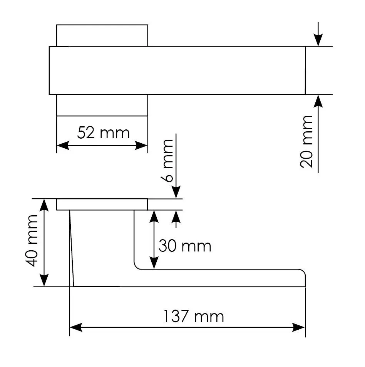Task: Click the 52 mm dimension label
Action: [103, 133]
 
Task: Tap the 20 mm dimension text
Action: [306, 142]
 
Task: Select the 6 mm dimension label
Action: [167, 161]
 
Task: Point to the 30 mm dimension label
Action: [185, 246]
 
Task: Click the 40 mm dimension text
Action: [32, 241]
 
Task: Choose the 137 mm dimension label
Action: [193, 317]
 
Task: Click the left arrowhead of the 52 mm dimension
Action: [63, 145]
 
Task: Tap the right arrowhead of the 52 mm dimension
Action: [141, 145]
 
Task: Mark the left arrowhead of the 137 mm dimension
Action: [76, 327]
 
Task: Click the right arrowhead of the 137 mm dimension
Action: [298, 327]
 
